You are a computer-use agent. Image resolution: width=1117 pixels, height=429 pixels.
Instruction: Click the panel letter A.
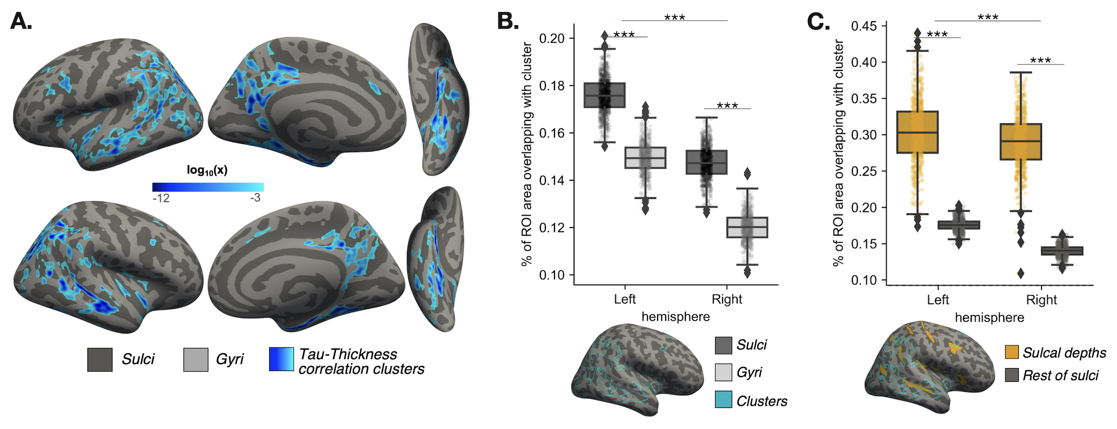coord(21,21)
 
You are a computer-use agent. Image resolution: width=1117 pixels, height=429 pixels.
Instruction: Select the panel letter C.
coord(818,21)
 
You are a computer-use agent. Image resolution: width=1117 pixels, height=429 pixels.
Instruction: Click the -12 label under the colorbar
coord(161,198)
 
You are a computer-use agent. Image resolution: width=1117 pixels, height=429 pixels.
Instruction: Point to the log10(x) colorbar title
coord(207,170)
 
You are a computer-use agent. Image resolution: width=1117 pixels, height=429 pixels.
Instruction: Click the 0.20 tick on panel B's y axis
coord(552,38)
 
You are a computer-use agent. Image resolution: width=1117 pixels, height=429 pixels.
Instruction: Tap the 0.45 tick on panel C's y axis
coord(863,26)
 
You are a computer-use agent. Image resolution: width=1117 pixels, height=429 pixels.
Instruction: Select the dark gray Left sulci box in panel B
coord(604,95)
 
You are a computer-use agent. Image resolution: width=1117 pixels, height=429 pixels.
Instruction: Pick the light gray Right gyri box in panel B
coord(747,227)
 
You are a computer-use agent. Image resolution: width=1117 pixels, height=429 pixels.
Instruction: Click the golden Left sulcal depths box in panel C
coord(917,132)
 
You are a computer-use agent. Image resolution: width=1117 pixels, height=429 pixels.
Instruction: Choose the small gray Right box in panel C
coord(1062,251)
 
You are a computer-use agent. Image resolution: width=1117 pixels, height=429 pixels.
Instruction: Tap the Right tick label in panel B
coord(727,299)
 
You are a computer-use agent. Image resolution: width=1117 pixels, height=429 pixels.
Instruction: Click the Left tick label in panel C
coord(937,300)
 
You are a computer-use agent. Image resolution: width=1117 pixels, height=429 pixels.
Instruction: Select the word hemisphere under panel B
coord(675,317)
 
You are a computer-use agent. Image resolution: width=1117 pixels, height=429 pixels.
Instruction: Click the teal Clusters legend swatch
coord(723,400)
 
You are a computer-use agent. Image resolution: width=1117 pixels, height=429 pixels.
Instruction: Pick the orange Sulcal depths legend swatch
coord(1012,352)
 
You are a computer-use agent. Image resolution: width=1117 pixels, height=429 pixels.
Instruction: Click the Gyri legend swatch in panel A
coord(196,360)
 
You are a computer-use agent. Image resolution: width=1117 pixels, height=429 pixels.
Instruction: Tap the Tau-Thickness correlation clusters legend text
coord(361,362)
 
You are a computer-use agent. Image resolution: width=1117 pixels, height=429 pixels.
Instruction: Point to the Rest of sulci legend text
coord(1060,376)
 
